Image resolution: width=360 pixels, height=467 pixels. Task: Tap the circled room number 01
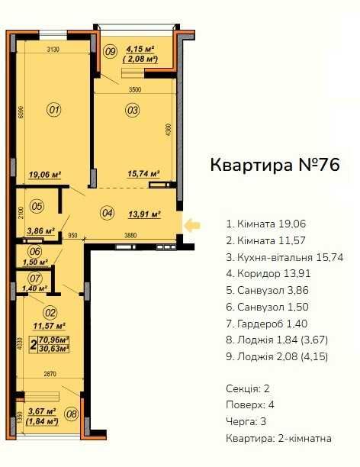[54, 110]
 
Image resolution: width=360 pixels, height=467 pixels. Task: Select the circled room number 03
[133, 110]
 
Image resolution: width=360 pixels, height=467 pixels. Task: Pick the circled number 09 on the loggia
[110, 52]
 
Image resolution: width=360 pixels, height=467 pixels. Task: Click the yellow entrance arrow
[192, 224]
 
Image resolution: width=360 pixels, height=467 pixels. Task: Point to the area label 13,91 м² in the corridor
[143, 215]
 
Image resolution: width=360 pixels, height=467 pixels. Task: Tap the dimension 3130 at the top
[53, 49]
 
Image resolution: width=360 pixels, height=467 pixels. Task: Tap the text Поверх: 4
[249, 404]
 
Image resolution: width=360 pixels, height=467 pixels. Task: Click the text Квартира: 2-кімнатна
[278, 437]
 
